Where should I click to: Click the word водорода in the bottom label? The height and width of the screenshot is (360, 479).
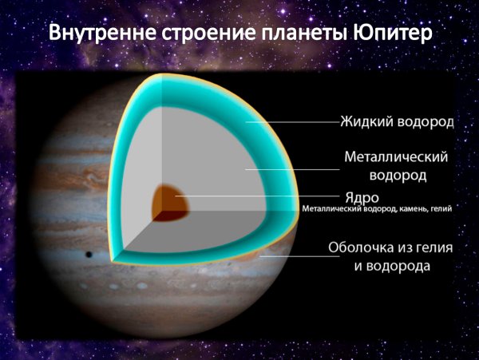click(x=391, y=266)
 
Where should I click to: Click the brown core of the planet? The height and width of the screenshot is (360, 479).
click(x=171, y=201)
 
